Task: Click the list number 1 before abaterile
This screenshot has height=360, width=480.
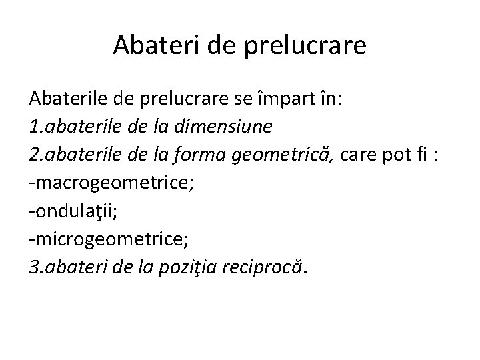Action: pyautogui.click(x=33, y=127)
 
